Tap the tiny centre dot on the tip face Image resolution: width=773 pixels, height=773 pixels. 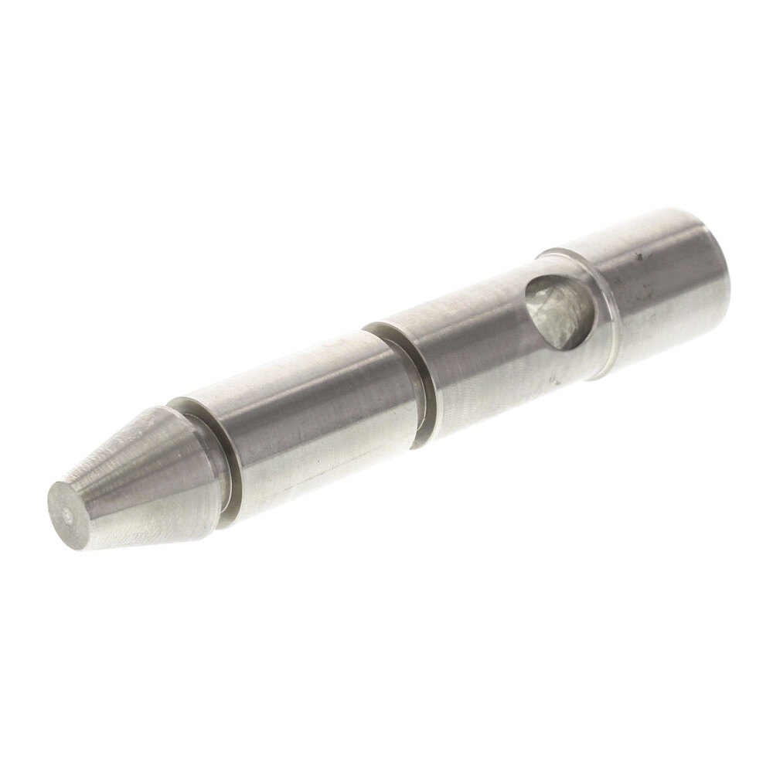coord(70,512)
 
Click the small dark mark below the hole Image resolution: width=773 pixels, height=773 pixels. coord(554,380)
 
